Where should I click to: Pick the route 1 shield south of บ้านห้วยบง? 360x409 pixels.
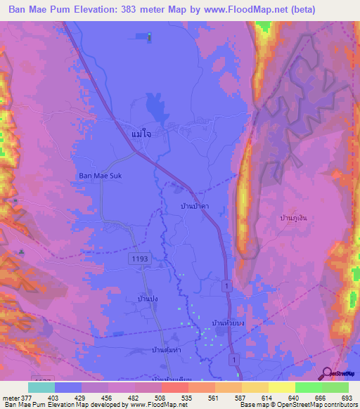(233, 359)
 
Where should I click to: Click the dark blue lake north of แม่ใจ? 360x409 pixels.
(154, 108)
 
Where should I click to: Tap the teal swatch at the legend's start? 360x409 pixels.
(41, 387)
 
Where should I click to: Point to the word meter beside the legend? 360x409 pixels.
(10, 397)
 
